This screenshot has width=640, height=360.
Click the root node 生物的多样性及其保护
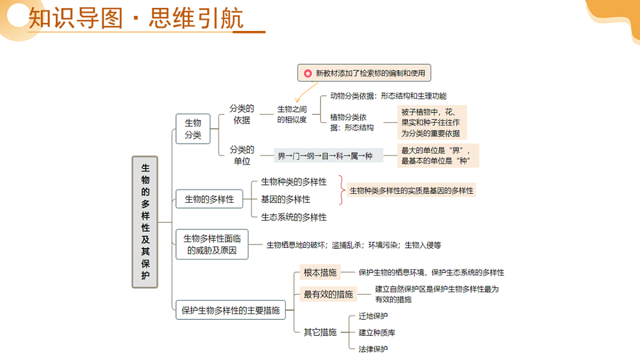(x=145, y=222)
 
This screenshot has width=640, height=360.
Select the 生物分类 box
(x=193, y=129)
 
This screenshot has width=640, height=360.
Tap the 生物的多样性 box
(x=210, y=199)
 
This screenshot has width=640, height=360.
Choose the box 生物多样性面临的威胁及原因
(x=212, y=244)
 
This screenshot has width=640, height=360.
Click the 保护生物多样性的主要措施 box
(x=230, y=310)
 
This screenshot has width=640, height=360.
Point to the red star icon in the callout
(x=308, y=74)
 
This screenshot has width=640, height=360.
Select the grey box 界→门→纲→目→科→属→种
(x=329, y=156)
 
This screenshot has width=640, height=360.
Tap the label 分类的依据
(x=242, y=114)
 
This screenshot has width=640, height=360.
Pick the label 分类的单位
(x=242, y=155)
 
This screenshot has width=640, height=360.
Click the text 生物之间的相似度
(x=292, y=114)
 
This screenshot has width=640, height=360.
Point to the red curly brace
(x=341, y=190)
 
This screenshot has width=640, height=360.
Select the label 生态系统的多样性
(x=294, y=217)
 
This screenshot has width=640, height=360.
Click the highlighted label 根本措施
(x=320, y=273)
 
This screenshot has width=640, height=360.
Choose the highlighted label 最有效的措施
(x=329, y=294)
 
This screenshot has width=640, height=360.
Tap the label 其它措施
(x=320, y=332)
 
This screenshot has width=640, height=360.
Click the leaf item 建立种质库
(x=377, y=332)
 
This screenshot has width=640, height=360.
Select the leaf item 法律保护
(x=373, y=349)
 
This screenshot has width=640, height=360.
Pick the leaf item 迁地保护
(x=373, y=316)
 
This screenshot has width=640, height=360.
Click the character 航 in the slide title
(x=231, y=18)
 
